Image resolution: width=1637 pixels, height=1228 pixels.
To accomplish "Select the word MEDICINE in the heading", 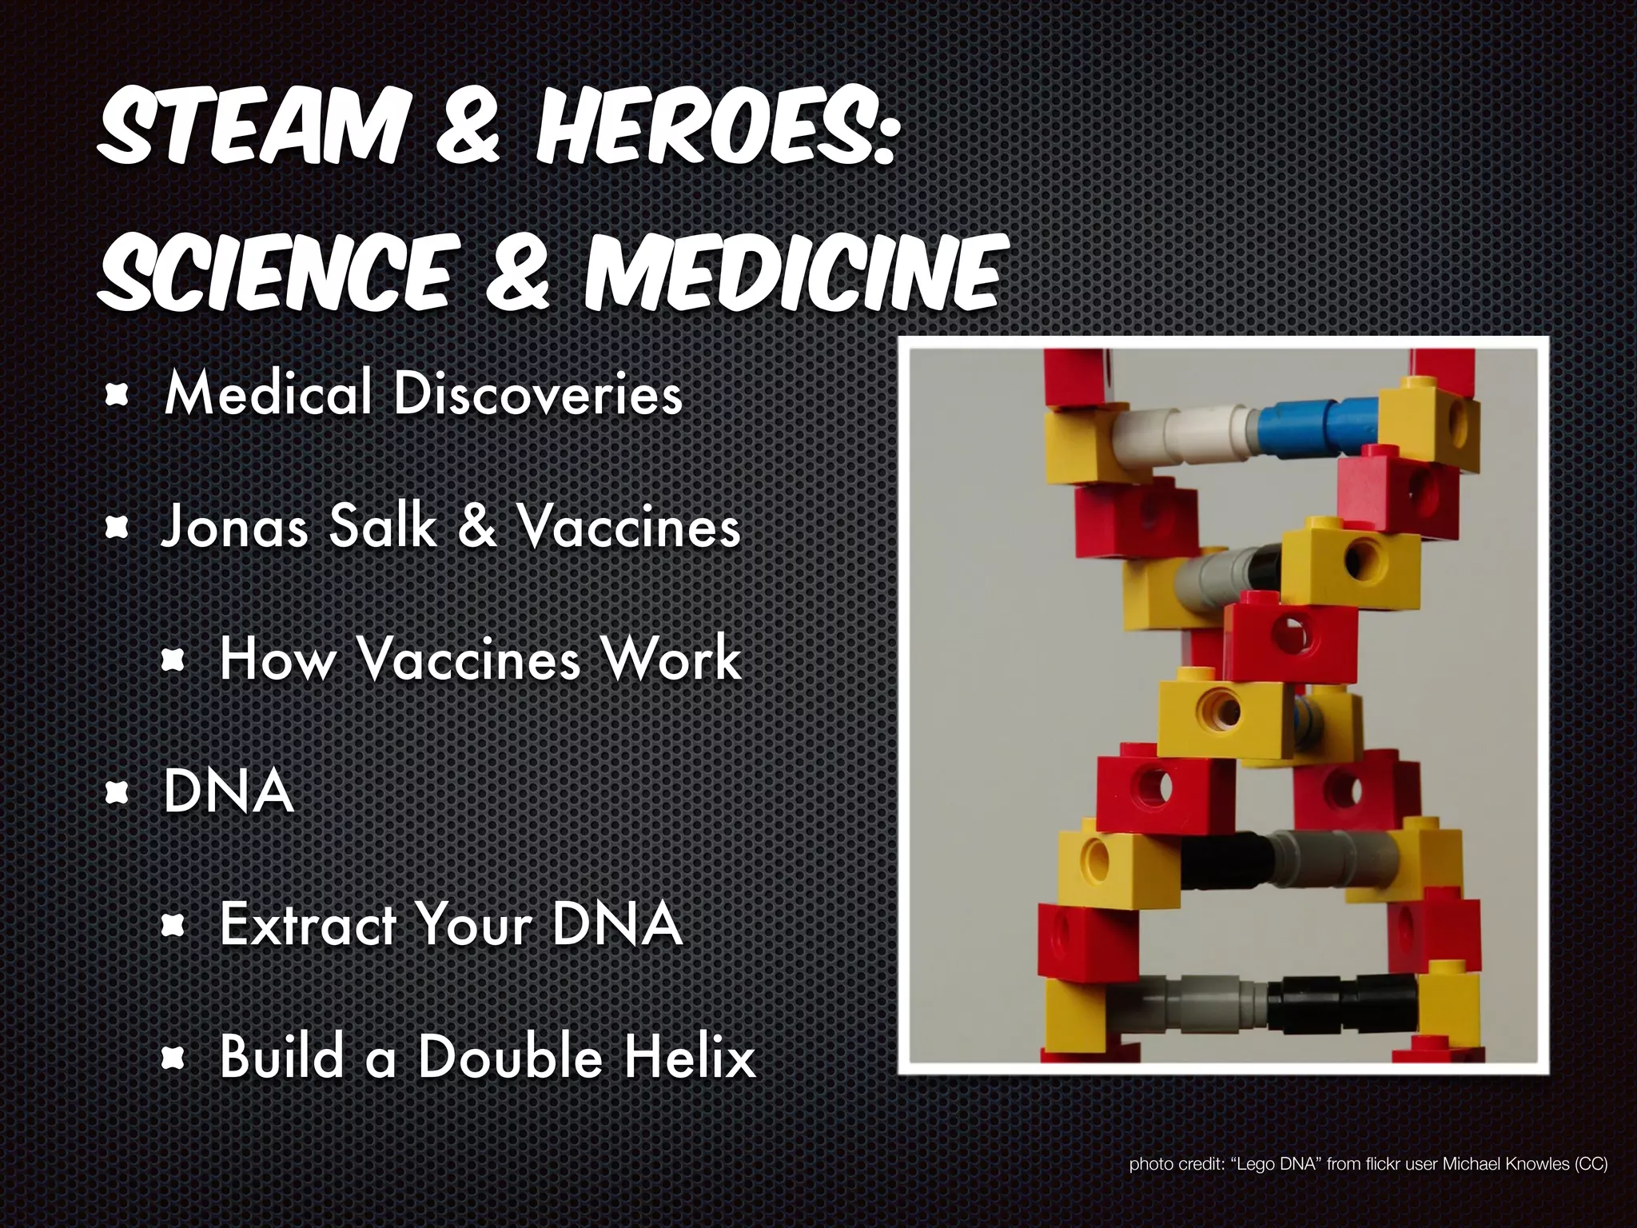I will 791,272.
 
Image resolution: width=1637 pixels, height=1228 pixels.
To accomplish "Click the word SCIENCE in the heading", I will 276,272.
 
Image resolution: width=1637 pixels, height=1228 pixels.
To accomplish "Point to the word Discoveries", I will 538,394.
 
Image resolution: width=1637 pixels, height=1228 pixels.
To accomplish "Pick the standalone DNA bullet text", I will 228,792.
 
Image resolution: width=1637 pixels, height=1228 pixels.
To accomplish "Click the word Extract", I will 309,925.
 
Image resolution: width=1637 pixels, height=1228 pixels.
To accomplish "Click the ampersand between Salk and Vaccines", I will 477,528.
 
